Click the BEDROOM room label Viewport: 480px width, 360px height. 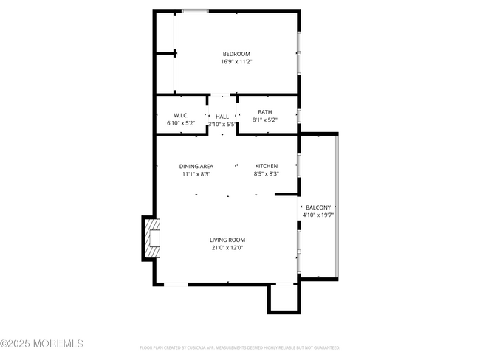pos(236,54)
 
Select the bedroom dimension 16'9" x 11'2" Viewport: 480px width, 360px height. pos(236,62)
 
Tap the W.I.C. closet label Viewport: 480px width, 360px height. pos(181,116)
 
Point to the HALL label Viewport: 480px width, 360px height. pos(222,117)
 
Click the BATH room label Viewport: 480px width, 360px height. pos(265,112)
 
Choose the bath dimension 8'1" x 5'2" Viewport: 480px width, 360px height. pos(265,120)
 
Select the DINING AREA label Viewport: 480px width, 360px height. pos(196,166)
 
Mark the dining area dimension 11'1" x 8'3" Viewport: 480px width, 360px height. pos(196,174)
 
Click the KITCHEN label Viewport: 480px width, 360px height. pos(267,166)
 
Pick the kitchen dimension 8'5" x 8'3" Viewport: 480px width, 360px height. pos(267,174)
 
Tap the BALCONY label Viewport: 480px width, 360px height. pos(318,207)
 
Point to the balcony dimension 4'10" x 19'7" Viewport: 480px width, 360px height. pos(318,215)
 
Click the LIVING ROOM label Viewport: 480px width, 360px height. pos(227,240)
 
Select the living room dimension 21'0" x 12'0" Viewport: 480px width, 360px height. pos(227,248)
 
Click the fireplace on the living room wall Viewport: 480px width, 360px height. pos(152,238)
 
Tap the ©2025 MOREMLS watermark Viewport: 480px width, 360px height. pos(42,344)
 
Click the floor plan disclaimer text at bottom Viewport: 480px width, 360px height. pos(239,347)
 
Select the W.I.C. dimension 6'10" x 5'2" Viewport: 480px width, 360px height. pos(181,124)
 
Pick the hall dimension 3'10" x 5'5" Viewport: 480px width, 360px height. pos(222,125)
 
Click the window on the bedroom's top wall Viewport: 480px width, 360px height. pos(195,11)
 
